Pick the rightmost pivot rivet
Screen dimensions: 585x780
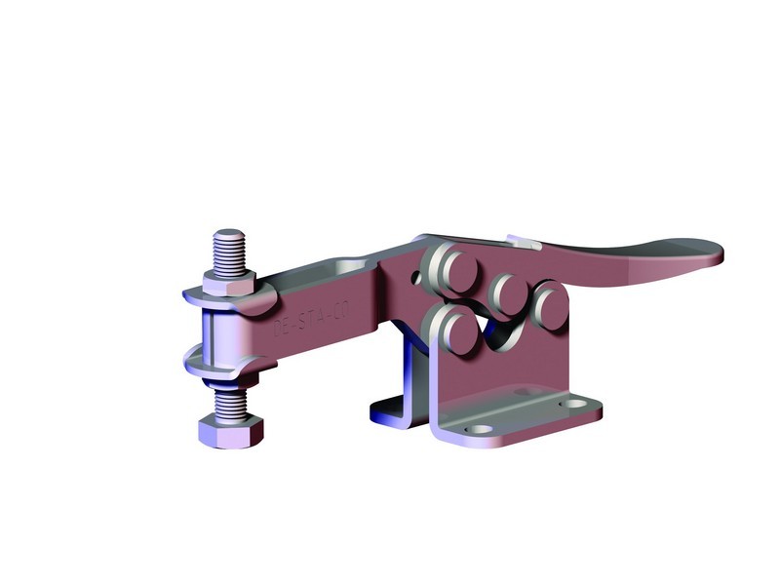click(x=551, y=304)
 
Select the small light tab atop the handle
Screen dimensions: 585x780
click(x=522, y=241)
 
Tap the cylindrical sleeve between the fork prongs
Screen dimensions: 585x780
click(x=218, y=331)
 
